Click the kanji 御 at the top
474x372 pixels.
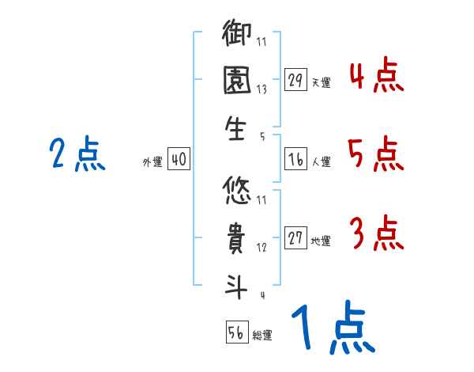238,36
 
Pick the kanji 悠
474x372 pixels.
238,190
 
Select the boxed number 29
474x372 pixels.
295,80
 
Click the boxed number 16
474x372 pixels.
295,160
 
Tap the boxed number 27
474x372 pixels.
295,238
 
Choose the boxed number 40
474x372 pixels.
179,160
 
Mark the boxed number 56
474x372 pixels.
236,332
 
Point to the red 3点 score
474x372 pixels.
375,233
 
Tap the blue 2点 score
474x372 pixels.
77,154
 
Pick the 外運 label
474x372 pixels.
152,162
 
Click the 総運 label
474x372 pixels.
262,336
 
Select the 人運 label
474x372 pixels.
321,162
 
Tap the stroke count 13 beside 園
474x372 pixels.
261,89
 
